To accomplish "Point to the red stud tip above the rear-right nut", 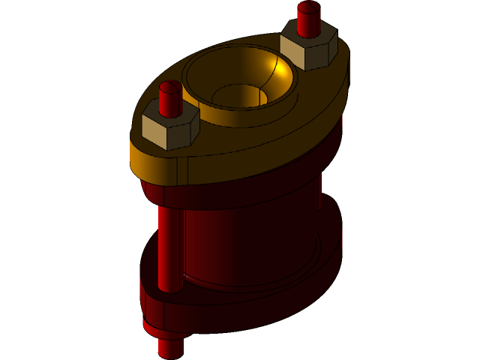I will (x=308, y=16).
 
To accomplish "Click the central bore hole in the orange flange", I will (x=238, y=95).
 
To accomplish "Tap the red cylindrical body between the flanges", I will (x=247, y=240).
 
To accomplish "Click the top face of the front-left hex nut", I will (x=171, y=120).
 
